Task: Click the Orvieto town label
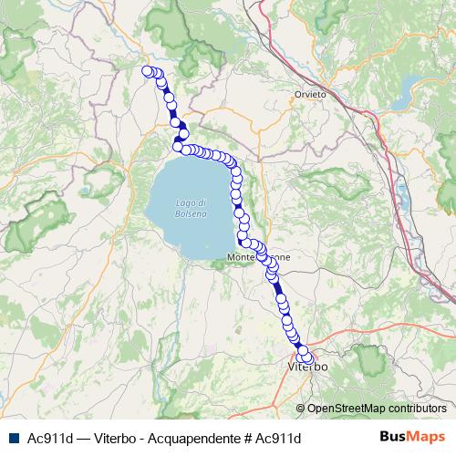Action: [x=309, y=95]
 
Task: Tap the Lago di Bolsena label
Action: [x=191, y=207]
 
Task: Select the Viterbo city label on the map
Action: [x=307, y=367]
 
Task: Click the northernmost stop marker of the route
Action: [x=148, y=70]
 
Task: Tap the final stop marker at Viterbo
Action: [x=306, y=358]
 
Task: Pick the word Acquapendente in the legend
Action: [x=195, y=438]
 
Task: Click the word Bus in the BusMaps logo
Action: [x=393, y=437]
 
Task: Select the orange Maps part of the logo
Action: [x=428, y=437]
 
